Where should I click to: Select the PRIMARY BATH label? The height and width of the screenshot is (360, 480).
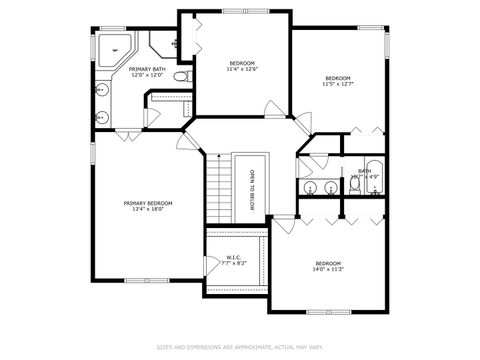(146, 69)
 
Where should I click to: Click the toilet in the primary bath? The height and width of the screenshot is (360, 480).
(180, 77)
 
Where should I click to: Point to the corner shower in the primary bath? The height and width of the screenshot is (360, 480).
(112, 48)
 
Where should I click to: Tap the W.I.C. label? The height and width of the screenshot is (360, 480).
(233, 256)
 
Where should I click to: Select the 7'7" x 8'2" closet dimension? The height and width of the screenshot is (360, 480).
(233, 263)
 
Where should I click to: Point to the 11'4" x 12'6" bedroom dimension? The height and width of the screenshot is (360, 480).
(241, 69)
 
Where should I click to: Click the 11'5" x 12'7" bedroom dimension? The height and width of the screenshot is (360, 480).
(338, 85)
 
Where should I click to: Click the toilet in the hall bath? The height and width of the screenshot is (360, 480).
(355, 184)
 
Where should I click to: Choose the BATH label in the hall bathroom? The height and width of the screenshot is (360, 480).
(364, 171)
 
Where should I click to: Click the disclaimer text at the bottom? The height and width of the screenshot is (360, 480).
(240, 347)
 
